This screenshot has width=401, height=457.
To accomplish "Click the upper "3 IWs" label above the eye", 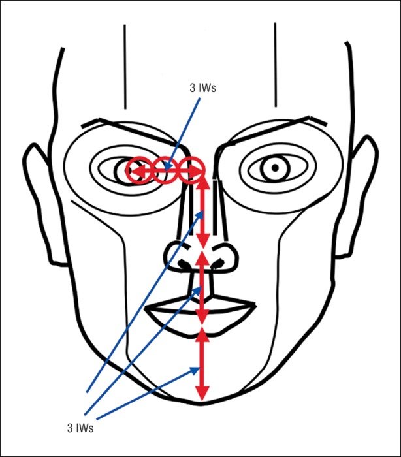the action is [x=202, y=88].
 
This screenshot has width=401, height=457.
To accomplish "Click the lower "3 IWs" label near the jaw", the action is [x=80, y=428].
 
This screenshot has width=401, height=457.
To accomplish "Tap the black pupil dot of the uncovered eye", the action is [x=275, y=168].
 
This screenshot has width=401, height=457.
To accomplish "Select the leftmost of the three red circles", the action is [x=139, y=170].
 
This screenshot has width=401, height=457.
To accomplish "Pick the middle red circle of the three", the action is [x=165, y=170].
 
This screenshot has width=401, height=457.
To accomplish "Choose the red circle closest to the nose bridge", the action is [x=191, y=170].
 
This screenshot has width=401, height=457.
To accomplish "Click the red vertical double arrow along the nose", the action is [x=203, y=212].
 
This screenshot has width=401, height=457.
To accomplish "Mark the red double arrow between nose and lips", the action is [x=202, y=287].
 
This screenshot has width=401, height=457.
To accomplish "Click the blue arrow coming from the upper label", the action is [x=183, y=134].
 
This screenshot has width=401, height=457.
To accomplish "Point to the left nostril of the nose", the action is [x=184, y=264].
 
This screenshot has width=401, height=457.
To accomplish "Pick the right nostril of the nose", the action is [x=219, y=263].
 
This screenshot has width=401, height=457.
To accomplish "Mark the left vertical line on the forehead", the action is [x=125, y=67].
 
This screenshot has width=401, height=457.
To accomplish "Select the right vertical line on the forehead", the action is [x=276, y=65].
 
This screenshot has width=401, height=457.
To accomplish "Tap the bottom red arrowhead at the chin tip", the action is [x=202, y=394].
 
